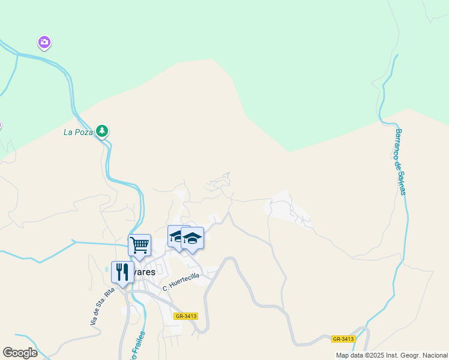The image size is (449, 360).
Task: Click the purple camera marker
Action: pos(44,42)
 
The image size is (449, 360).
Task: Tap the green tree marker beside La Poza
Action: pos(103,131)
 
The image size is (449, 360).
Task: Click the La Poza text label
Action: pos(78,132)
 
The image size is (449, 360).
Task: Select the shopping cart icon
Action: pos(139,245)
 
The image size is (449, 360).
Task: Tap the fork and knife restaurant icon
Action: pos(122,272)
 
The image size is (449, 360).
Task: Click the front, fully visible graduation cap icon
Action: pos(193,238)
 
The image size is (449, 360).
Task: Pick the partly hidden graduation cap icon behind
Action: pos(175,236)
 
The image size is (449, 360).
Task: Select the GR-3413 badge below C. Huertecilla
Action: pos(185,316)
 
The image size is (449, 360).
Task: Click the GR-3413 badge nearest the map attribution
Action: pos(343,339)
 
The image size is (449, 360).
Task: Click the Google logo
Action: pos(20,353)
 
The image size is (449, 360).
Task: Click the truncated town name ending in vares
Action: pos(144,272)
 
